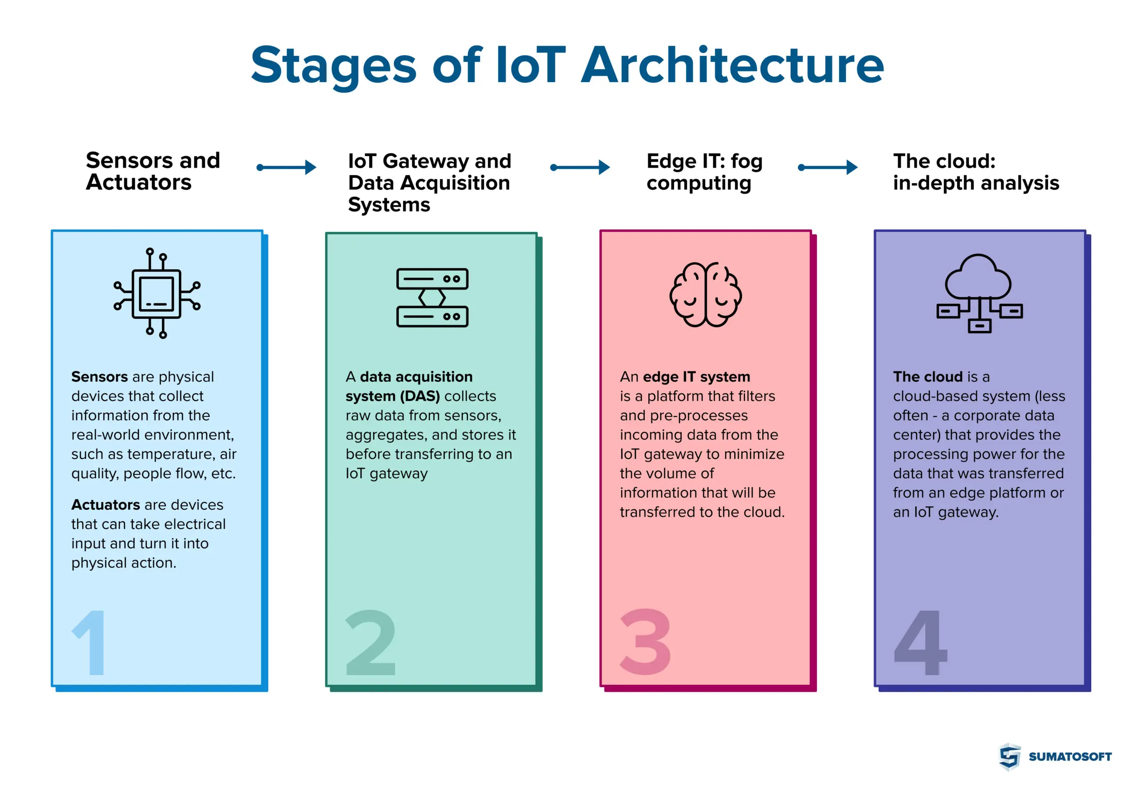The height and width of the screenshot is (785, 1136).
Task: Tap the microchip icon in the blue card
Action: tap(157, 293)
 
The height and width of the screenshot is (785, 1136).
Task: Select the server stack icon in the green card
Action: tap(432, 298)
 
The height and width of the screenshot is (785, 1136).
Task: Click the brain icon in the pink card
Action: tap(705, 294)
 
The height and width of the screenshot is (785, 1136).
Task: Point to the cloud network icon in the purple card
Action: tap(979, 293)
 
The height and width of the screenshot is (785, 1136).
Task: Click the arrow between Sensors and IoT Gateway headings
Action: tap(286, 167)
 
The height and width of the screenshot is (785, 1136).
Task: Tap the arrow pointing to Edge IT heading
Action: tap(580, 167)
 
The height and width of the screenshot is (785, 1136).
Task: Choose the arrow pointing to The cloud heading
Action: tap(828, 167)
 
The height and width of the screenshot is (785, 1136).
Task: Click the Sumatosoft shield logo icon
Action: tap(1009, 756)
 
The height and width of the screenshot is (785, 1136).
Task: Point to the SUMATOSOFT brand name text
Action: tap(1069, 757)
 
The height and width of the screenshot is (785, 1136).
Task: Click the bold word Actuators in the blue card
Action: tap(105, 505)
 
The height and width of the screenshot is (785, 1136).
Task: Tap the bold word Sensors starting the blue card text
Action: tap(99, 377)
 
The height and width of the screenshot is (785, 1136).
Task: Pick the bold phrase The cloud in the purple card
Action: tap(927, 377)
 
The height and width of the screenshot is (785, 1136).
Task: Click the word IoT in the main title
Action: tap(530, 66)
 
